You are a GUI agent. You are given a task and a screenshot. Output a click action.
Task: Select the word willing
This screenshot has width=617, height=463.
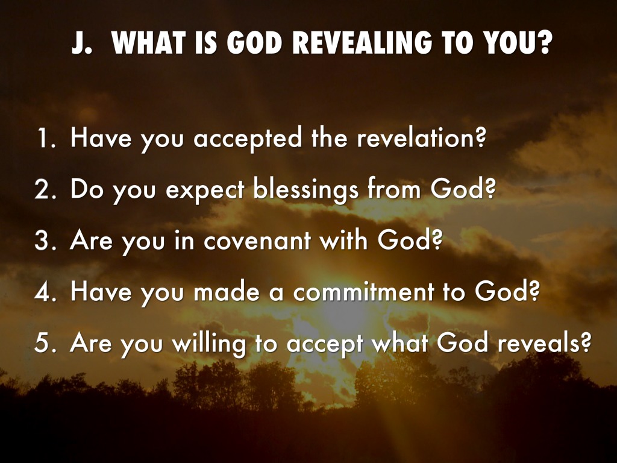(210, 344)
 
